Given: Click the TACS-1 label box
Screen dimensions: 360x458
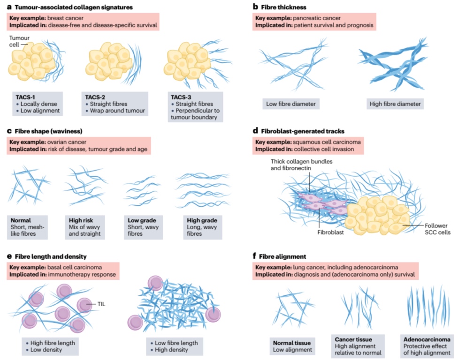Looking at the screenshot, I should [x=39, y=103].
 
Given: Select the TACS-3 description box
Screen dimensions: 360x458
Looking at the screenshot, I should [x=194, y=106].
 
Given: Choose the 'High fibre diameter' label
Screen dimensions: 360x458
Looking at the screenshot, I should [x=396, y=104].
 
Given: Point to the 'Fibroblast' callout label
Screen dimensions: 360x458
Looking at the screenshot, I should [x=317, y=231].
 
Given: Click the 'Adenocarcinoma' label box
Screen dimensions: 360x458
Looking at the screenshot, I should [x=427, y=345].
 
